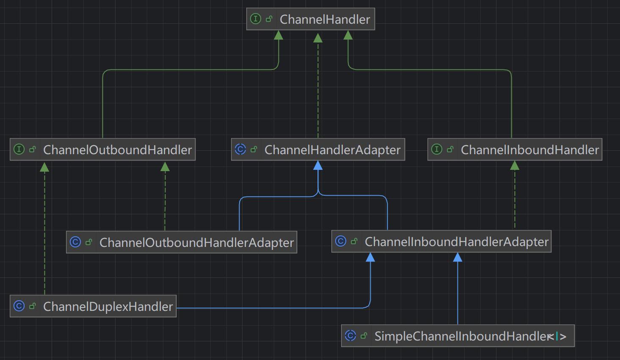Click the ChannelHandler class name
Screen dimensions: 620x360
[x=325, y=19]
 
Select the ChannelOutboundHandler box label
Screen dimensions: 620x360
[x=117, y=150]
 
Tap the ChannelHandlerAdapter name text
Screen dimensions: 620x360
[x=332, y=150]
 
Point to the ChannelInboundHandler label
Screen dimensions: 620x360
[x=530, y=150]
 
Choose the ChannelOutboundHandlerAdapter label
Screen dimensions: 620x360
[x=196, y=243]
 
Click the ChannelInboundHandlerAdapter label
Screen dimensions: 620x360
[x=456, y=242]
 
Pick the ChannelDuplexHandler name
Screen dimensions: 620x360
[x=108, y=307]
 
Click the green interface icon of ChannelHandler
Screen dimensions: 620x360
[x=256, y=19]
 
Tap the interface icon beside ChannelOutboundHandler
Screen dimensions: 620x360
[x=19, y=149]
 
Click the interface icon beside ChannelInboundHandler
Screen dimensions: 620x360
[x=437, y=149]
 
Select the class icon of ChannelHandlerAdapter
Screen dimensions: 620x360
[x=240, y=149]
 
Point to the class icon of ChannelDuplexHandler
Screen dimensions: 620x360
[x=19, y=306]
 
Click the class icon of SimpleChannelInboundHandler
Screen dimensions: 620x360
[x=350, y=335]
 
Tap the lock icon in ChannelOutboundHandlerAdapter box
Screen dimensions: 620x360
[x=88, y=242]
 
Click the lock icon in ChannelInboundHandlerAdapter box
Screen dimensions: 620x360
[x=354, y=241]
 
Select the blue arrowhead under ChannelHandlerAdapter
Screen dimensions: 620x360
[x=318, y=165]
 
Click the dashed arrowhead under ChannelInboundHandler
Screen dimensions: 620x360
[x=515, y=165]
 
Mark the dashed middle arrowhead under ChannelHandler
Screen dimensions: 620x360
[x=318, y=38]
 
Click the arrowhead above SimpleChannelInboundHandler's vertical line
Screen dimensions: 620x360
[x=457, y=257]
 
